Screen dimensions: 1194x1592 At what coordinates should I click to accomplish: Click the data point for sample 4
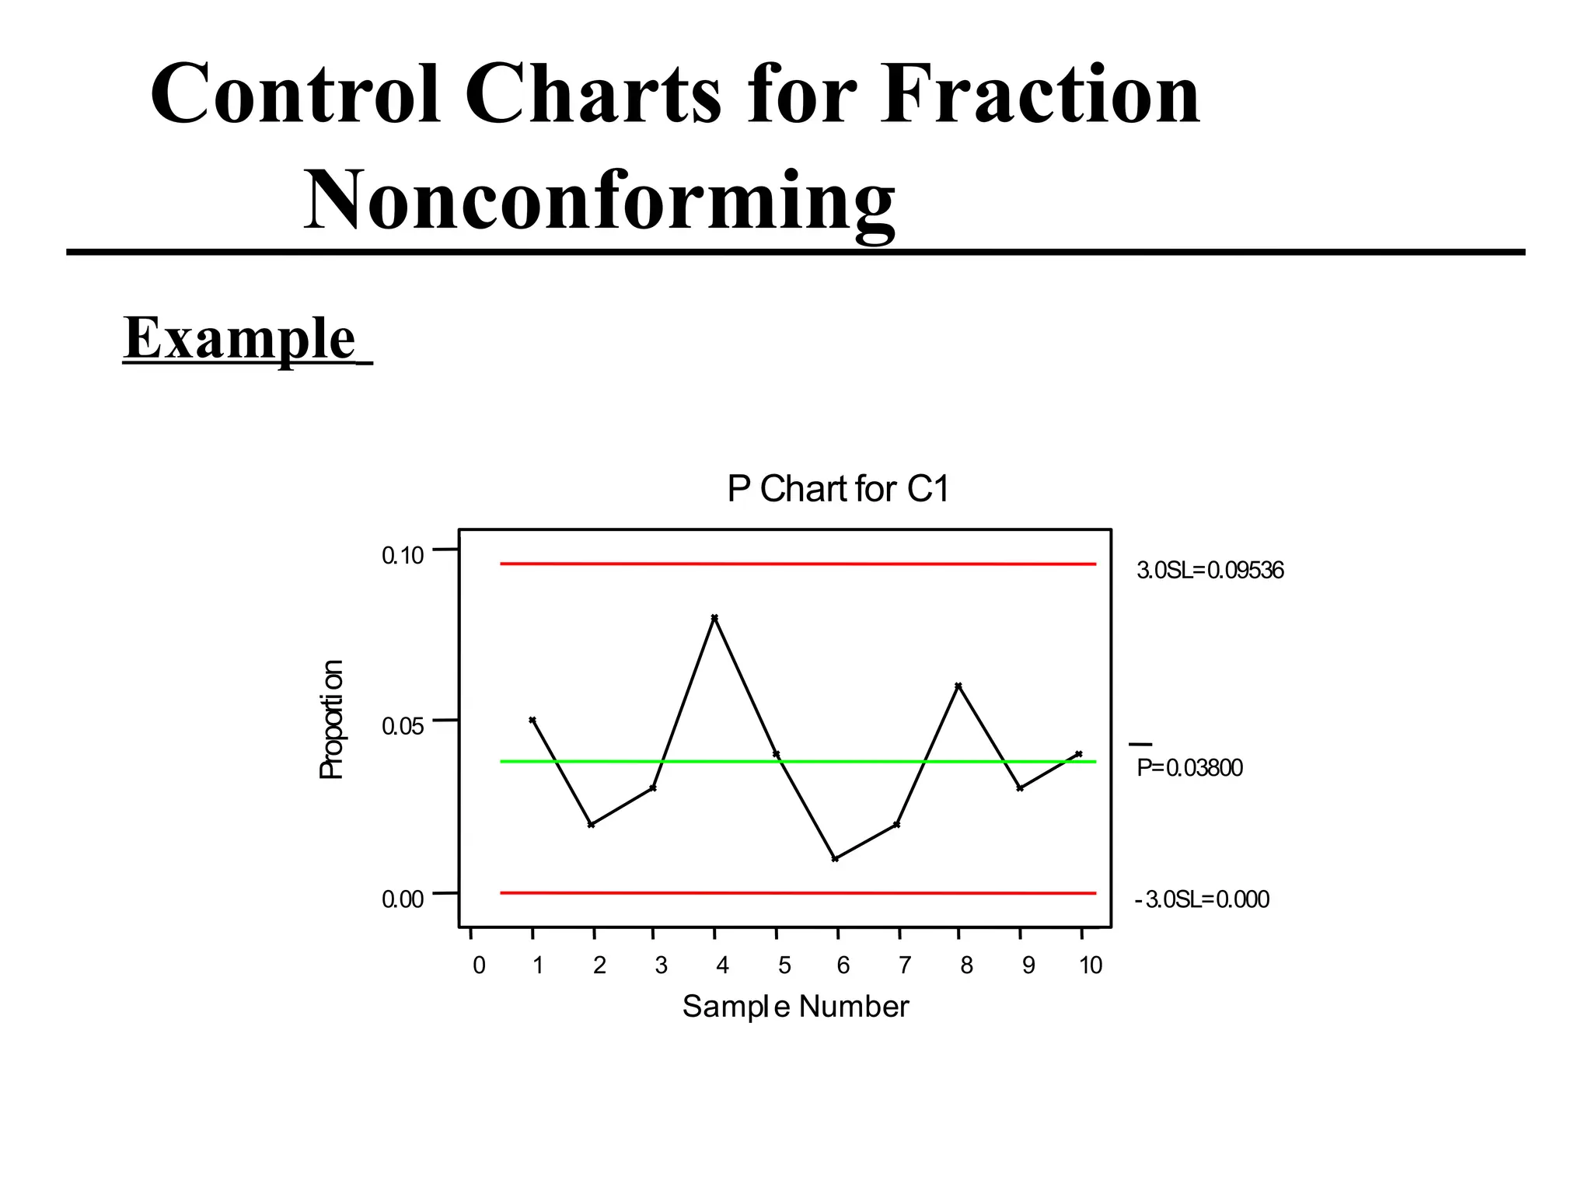714,617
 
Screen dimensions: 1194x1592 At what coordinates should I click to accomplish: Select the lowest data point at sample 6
835,858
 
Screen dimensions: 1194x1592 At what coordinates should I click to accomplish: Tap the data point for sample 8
958,686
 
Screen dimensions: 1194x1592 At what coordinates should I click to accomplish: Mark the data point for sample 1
532,720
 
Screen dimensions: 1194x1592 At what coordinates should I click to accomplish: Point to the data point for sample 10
1079,754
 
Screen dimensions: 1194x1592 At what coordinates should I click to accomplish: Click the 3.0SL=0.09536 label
1210,571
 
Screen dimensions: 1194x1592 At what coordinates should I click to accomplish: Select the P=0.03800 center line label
1189,768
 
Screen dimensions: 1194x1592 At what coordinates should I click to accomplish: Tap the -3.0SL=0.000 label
1202,899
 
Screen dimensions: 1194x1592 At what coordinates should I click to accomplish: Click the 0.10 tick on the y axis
403,555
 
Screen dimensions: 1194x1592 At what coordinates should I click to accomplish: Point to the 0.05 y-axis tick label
403,727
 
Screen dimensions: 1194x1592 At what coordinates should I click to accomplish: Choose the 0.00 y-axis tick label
403,899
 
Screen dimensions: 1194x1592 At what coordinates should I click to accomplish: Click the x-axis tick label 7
904,965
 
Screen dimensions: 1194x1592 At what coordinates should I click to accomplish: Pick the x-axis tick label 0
479,965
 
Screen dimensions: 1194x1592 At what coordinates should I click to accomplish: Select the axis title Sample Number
795,1007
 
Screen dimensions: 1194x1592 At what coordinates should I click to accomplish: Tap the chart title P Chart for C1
838,489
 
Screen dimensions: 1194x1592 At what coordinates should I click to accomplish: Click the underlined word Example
239,338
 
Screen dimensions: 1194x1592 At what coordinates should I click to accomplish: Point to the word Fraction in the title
1040,95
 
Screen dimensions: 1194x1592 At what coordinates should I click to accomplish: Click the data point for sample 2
592,824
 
